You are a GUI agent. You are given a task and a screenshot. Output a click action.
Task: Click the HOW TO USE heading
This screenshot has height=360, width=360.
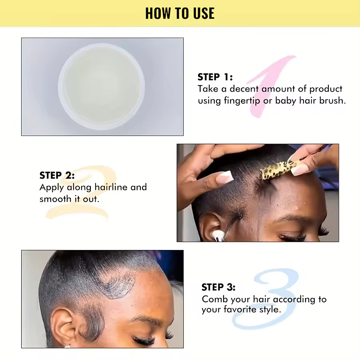click(x=180, y=13)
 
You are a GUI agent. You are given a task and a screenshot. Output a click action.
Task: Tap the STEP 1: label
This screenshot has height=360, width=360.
click(x=215, y=77)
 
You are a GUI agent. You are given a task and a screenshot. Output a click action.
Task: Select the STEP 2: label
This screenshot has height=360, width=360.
click(x=57, y=176)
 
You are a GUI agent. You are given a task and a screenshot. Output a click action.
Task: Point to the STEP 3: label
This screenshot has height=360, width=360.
click(x=218, y=287)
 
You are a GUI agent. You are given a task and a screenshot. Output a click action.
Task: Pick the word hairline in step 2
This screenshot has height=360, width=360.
click(x=111, y=187)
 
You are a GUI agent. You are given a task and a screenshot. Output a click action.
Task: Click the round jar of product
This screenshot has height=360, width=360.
click(x=101, y=86)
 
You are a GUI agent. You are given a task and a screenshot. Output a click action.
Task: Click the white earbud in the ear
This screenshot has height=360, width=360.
click(x=218, y=236)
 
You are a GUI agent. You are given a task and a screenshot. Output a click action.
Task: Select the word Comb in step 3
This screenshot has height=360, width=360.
click(x=215, y=299)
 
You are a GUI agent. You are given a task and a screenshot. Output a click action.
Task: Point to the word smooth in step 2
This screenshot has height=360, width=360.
click(x=55, y=199)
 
